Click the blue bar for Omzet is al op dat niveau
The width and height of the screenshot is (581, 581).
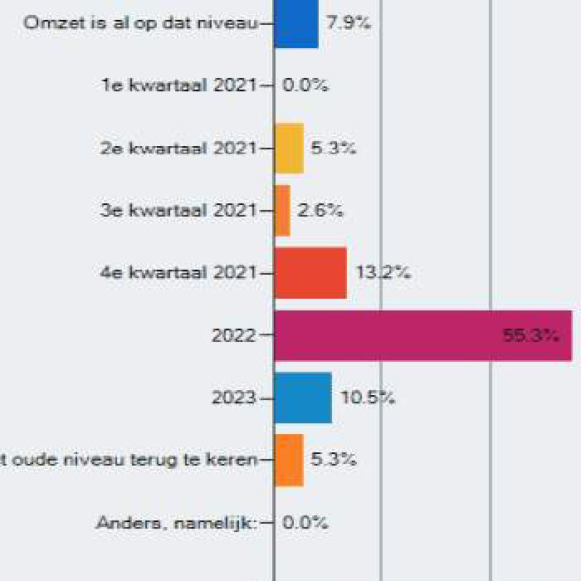(x=296, y=23)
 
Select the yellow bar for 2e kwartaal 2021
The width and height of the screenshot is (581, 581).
(x=289, y=148)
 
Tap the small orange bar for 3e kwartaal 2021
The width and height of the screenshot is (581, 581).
(x=282, y=210)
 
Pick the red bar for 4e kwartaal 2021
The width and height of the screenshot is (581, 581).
(x=310, y=272)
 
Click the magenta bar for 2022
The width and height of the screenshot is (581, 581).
(x=422, y=335)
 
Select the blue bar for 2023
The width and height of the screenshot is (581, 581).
(x=303, y=398)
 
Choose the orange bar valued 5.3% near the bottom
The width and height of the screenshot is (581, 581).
(x=289, y=460)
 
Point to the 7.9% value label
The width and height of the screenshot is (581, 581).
(x=348, y=23)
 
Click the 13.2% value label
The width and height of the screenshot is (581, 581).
(x=383, y=272)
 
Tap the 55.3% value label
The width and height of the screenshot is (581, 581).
(x=530, y=335)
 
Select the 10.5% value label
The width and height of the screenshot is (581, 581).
(x=368, y=398)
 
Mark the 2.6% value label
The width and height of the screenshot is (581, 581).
(x=320, y=210)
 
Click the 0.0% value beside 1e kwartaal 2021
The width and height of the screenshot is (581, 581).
(x=305, y=85)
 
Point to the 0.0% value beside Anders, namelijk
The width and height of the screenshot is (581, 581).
(x=305, y=523)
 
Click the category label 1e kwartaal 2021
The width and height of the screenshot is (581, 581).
(x=178, y=85)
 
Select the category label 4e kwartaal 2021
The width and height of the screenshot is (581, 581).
(x=178, y=272)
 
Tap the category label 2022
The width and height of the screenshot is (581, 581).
(x=234, y=335)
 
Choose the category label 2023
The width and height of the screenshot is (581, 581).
(x=234, y=398)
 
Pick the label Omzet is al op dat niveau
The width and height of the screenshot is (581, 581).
(x=139, y=23)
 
